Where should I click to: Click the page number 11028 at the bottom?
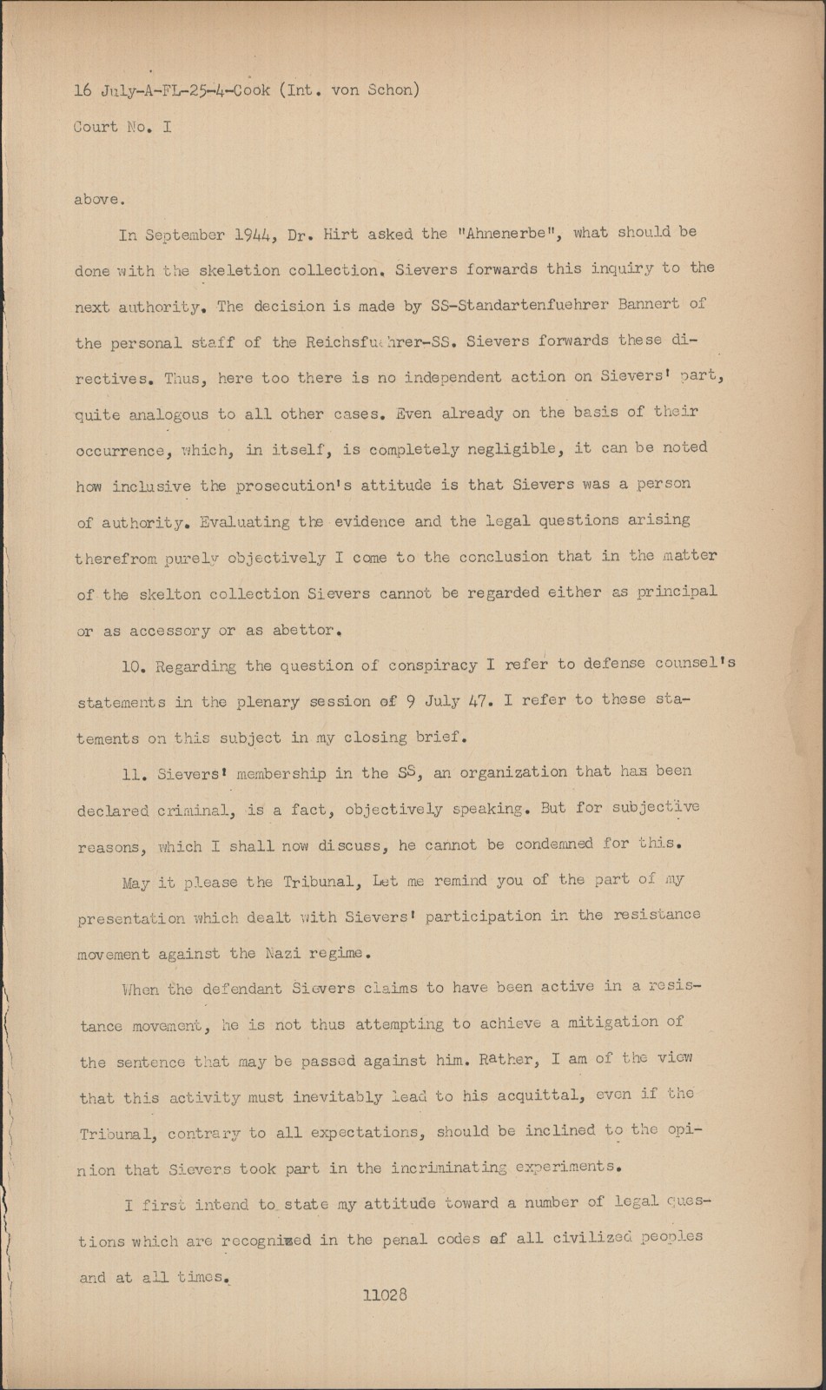coord(385,1295)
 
